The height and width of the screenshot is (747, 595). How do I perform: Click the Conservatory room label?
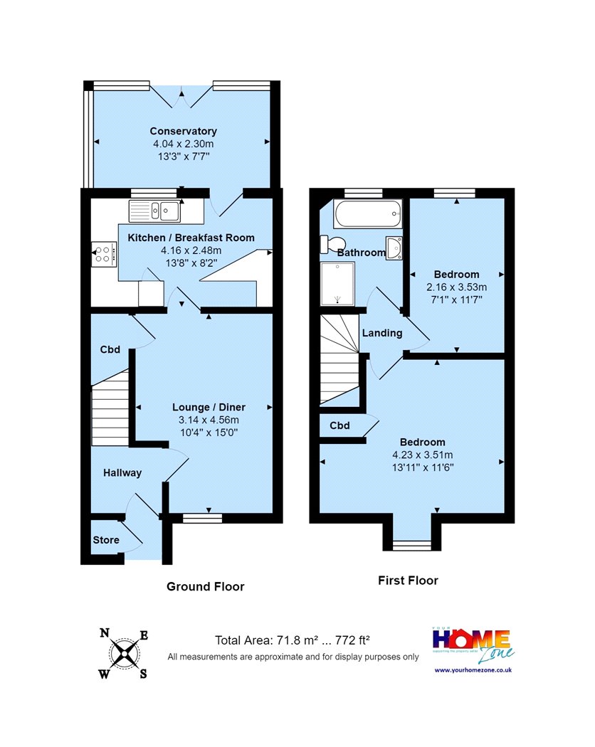[183, 131]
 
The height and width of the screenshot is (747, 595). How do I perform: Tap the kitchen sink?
[154, 211]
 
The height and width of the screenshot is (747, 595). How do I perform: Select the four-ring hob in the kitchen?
[104, 254]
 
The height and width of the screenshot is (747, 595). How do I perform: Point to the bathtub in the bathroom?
[367, 214]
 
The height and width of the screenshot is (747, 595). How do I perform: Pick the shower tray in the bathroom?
[337, 284]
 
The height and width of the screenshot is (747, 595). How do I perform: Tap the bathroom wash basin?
[394, 248]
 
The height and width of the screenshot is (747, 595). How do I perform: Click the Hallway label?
[122, 472]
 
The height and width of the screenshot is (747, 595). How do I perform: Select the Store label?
[106, 540]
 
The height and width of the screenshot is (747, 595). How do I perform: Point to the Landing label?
[382, 333]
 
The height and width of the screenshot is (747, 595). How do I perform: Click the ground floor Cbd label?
[110, 349]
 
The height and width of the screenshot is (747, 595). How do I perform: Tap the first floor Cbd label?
[340, 425]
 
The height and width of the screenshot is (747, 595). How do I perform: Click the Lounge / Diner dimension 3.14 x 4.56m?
[209, 420]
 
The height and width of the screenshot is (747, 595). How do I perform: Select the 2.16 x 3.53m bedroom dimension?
[457, 287]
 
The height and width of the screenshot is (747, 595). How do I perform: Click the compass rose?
[124, 653]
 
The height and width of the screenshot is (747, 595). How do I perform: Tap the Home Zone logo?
[473, 645]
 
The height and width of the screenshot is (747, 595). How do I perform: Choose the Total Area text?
[293, 640]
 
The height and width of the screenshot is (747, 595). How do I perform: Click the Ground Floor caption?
[206, 586]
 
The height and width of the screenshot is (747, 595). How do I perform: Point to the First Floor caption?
[408, 581]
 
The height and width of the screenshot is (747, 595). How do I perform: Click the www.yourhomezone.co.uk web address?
[473, 670]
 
